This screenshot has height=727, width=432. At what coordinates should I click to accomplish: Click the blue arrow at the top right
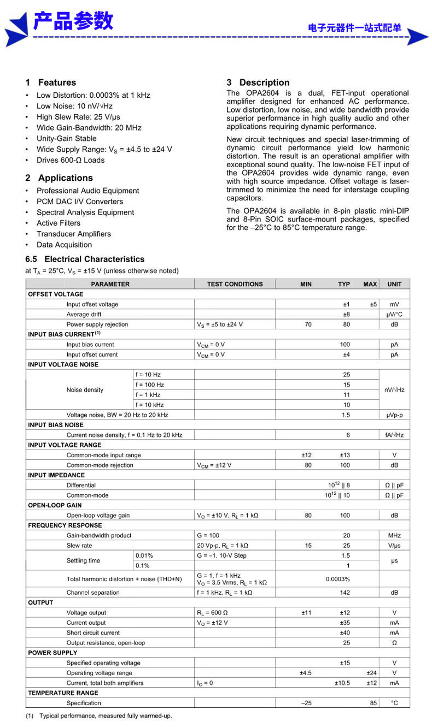(418, 37)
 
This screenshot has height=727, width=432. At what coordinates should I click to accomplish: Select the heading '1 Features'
(51, 82)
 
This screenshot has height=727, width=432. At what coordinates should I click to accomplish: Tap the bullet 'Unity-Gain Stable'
(66, 138)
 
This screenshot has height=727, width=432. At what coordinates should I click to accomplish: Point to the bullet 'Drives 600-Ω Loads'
(71, 160)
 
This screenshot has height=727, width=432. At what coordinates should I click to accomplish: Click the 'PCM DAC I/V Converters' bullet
(80, 202)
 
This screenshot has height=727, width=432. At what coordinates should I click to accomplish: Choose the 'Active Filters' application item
(59, 223)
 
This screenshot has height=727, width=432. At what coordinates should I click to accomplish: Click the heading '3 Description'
(258, 82)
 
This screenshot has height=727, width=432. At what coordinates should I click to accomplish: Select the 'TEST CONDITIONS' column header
(235, 284)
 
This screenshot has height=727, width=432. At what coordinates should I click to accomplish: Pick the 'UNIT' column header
(394, 284)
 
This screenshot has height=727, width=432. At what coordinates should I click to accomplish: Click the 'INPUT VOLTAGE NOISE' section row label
(63, 364)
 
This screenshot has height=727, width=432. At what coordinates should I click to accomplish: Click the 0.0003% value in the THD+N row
(338, 579)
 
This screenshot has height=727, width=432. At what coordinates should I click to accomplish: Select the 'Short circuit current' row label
(93, 633)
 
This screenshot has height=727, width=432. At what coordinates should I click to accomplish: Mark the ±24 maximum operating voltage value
(371, 673)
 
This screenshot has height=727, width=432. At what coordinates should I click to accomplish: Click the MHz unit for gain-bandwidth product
(394, 535)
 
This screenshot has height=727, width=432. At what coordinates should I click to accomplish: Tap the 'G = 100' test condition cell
(208, 535)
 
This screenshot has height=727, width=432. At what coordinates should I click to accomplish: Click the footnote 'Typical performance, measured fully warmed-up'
(106, 716)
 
